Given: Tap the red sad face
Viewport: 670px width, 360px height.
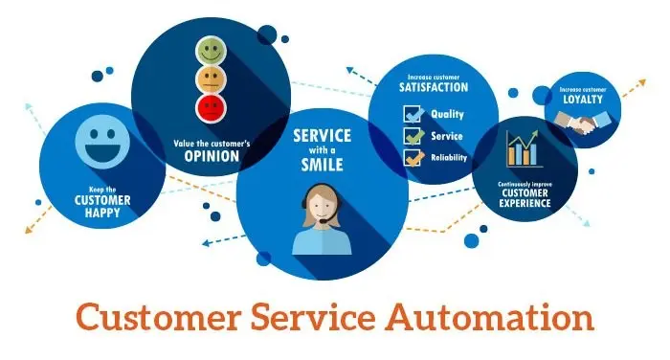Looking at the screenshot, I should (x=211, y=103).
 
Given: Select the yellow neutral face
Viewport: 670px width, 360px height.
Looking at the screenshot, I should (x=211, y=77).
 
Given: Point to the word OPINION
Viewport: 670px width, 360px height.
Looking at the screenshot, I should (x=211, y=156).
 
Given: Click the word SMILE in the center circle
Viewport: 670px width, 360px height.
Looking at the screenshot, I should (x=321, y=163).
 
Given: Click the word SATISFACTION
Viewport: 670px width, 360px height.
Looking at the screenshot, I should (x=434, y=87).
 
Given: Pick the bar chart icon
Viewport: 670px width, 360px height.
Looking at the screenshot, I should (x=523, y=148).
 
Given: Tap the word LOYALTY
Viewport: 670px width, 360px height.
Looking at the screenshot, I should (x=583, y=99).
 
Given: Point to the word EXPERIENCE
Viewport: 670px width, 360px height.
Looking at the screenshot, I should (x=523, y=204).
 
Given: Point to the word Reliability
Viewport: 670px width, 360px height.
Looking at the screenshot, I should (x=449, y=158).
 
